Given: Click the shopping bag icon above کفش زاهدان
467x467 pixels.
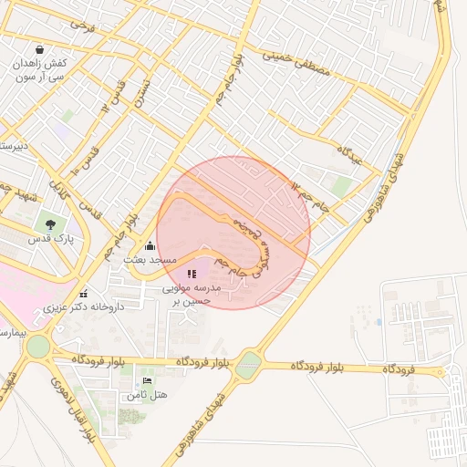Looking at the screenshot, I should point(39,49).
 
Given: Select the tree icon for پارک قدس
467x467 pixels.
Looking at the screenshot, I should point(49,223).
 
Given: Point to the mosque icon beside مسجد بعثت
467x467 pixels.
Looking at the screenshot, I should point(150,245).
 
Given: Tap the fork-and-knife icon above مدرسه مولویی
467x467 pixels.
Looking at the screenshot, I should point(192,273).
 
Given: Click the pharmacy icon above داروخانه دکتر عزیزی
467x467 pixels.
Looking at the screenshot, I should point(84,294).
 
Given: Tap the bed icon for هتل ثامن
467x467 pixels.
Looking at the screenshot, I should point(147,379).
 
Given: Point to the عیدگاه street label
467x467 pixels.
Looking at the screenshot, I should point(349,154).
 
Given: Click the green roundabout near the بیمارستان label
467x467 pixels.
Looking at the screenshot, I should point(38,347).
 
